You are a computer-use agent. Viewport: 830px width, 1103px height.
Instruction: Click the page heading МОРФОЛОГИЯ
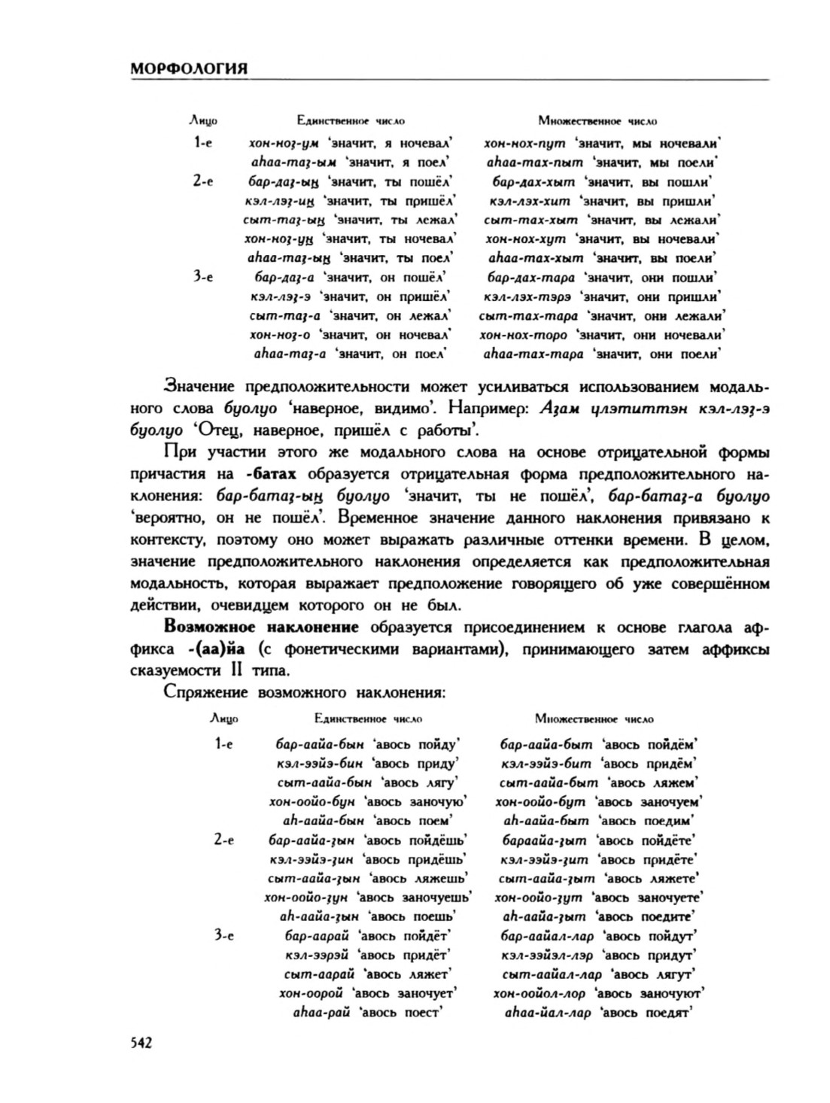click(189, 68)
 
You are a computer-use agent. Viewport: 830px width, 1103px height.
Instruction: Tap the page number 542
click(141, 1042)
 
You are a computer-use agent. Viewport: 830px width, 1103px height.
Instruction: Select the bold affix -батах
click(271, 475)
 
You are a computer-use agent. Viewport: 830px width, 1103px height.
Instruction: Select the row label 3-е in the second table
click(223, 935)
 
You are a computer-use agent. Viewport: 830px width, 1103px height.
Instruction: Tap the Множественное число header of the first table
click(597, 120)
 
